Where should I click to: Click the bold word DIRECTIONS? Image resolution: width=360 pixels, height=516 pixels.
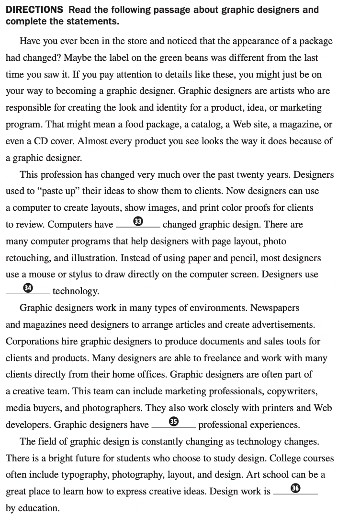coord(34,10)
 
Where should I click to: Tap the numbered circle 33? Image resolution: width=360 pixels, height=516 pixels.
coord(138,221)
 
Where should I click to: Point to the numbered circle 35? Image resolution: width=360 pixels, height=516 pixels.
coord(174,422)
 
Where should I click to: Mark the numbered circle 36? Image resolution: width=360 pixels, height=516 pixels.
coord(295,488)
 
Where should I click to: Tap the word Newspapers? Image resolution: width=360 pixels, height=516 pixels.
coord(275,308)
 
